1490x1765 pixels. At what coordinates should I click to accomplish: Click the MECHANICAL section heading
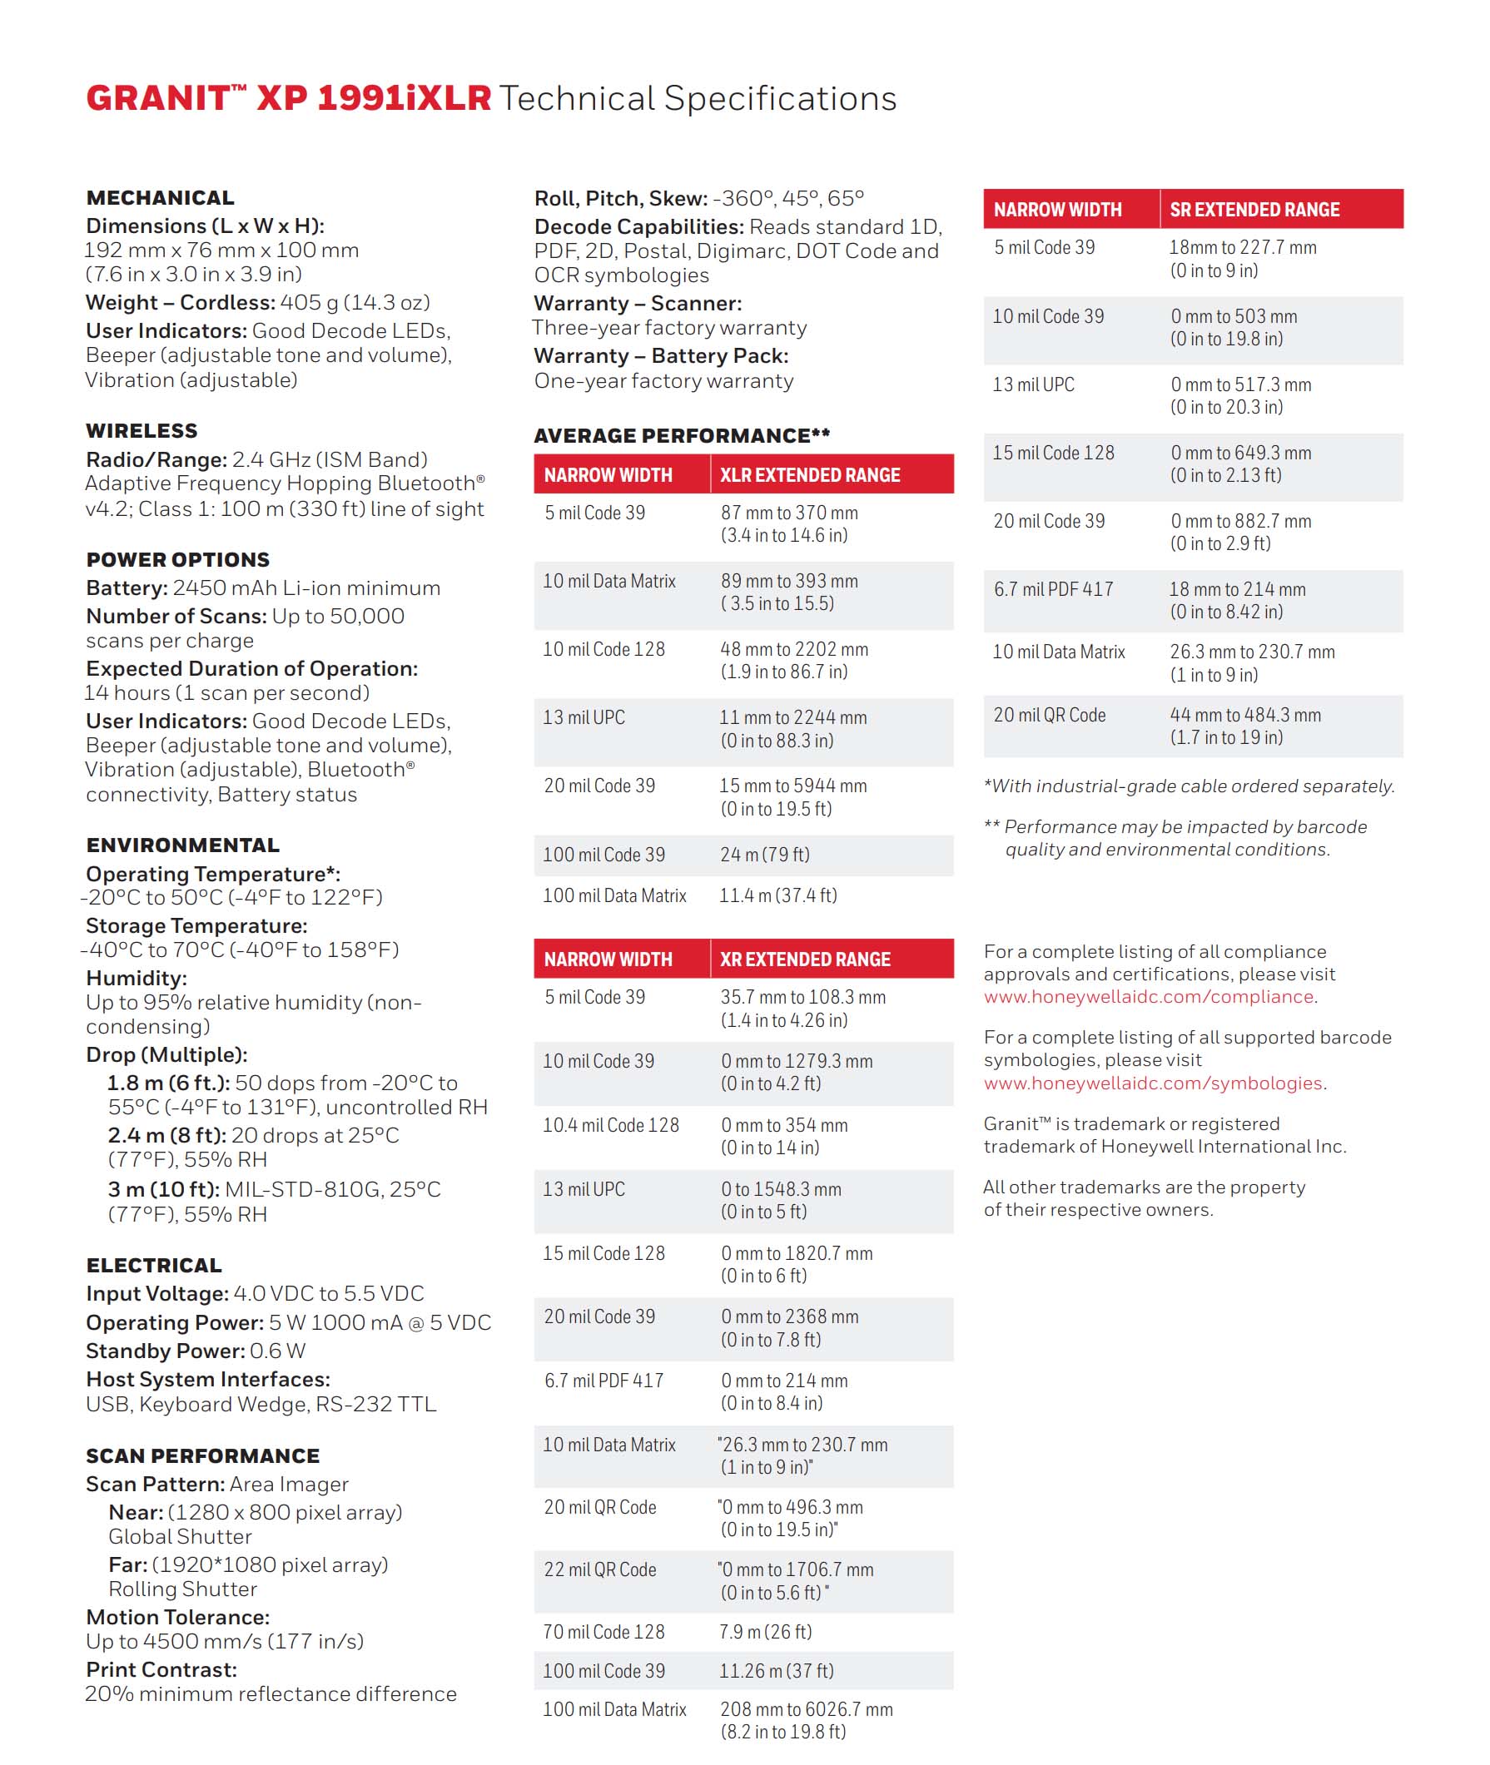pos(160,197)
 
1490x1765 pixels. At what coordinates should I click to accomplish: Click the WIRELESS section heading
pos(142,431)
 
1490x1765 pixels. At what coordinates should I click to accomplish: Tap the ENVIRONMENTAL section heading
pos(182,845)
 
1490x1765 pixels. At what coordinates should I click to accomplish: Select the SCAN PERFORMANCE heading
pos(203,1456)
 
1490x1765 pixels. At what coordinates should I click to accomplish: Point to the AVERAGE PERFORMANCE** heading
pos(682,436)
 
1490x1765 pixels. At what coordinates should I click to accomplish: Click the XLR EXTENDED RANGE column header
pos(809,475)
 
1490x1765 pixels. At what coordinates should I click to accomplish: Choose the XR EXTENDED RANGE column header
pos(804,959)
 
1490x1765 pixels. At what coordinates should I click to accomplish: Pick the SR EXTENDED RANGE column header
pos(1254,210)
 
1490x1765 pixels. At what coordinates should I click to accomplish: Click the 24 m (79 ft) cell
pos(764,855)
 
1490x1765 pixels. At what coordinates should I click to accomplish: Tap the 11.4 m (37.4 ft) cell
pos(778,895)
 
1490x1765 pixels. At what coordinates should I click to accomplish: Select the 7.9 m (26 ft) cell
pos(765,1632)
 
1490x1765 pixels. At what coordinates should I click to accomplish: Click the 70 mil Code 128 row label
pos(604,1632)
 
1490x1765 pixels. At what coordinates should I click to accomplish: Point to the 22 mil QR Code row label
pos(599,1569)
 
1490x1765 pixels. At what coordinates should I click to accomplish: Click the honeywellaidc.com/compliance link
pos(1149,997)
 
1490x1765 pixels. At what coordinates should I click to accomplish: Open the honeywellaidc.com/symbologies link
pos(1153,1083)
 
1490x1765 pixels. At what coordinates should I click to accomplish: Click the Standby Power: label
pos(166,1351)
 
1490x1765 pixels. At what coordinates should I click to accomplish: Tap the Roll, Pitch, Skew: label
pos(621,198)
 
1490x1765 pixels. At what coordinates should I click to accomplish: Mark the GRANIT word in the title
pos(158,99)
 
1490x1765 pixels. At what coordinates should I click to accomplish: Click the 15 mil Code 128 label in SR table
pos(1053,453)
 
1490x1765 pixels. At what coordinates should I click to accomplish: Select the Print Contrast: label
pos(161,1669)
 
